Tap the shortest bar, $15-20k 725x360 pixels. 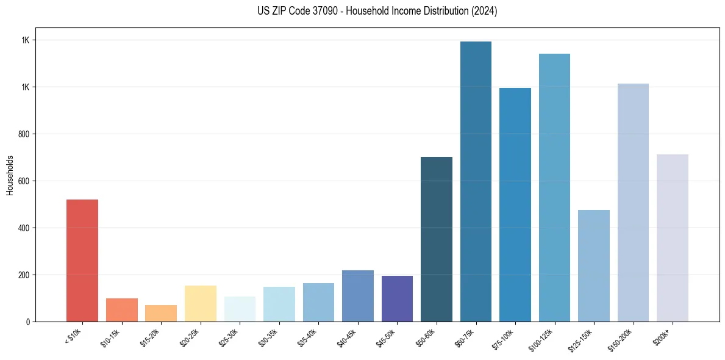click(161, 313)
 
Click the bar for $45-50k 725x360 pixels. click(397, 298)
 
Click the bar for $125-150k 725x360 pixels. click(594, 265)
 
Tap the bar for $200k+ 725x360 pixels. click(673, 238)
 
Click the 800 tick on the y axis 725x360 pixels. click(24, 134)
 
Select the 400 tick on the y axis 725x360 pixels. click(24, 228)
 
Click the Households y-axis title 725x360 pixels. click(10, 175)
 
